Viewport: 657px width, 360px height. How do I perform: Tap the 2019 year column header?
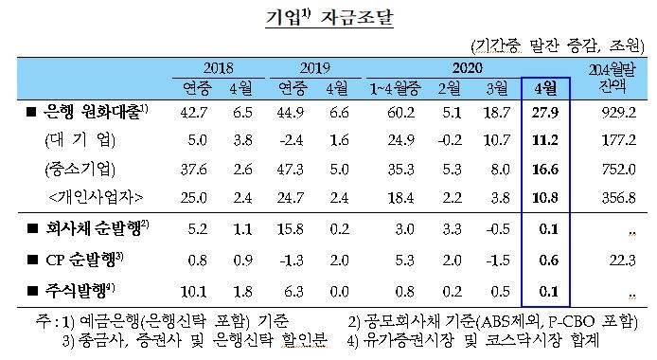(x=312, y=68)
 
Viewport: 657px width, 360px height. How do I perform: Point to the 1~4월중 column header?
(x=421, y=88)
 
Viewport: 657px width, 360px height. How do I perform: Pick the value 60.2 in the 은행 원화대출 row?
(x=421, y=114)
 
